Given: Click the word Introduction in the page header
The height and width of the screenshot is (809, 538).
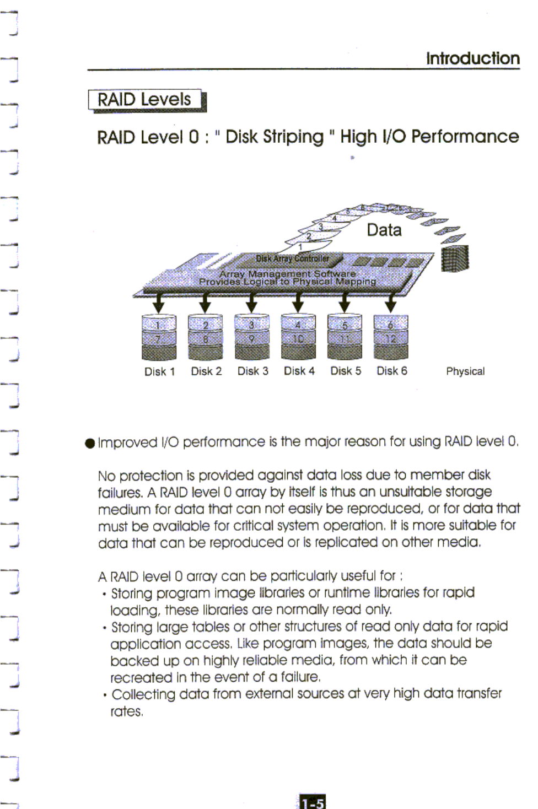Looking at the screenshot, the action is pos(472,58).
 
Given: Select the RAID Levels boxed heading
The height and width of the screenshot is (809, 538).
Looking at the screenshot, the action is pos(144,100).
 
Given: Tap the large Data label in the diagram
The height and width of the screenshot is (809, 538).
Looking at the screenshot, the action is pos(384,230).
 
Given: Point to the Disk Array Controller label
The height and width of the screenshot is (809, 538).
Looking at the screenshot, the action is pos(292,258).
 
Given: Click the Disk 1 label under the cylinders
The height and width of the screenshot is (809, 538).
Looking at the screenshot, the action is pos(159,371).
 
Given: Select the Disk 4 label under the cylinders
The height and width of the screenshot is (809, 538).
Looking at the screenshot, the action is pos(299,371).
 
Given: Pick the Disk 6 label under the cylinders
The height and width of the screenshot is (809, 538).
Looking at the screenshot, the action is pos(391,371).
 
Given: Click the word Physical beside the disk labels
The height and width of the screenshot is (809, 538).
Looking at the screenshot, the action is pos(465,371).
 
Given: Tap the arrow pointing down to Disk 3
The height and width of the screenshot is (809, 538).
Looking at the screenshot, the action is pos(251,302).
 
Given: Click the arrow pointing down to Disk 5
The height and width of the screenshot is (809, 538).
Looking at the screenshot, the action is pos(345,302).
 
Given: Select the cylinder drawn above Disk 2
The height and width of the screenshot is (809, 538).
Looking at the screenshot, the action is pos(205,337).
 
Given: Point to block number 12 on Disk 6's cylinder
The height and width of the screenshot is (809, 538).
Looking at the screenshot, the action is pos(391,338).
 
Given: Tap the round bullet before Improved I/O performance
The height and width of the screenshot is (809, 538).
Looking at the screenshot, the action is pos(90,444).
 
